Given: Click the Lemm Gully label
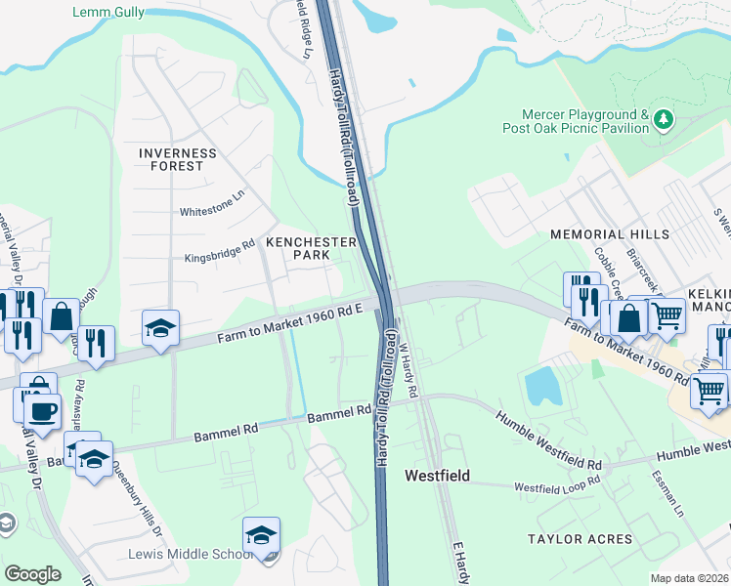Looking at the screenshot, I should tap(108, 13).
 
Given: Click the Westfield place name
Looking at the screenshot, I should tap(437, 476).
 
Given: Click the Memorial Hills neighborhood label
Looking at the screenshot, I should tap(610, 234).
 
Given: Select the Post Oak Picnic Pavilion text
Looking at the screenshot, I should tap(576, 128).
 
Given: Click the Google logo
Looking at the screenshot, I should tap(32, 574).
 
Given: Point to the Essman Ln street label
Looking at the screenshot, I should tap(666, 496).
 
